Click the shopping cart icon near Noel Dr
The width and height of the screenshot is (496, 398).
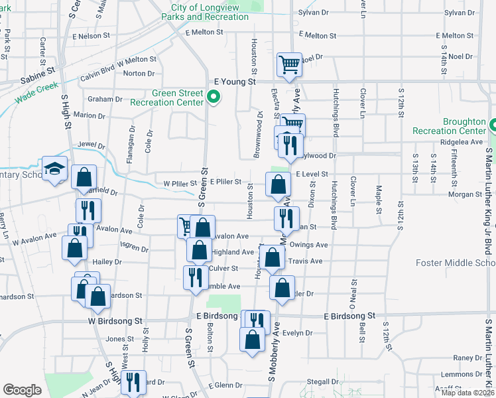[x=289, y=65]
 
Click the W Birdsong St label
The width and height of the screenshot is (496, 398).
[x=115, y=320]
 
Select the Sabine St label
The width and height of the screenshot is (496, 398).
[x=37, y=68]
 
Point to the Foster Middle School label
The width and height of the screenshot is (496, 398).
[x=455, y=263]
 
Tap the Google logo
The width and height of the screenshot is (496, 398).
[x=22, y=390]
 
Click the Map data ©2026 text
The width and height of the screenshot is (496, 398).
[x=467, y=393]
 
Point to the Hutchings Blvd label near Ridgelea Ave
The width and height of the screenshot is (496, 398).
[x=336, y=120]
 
